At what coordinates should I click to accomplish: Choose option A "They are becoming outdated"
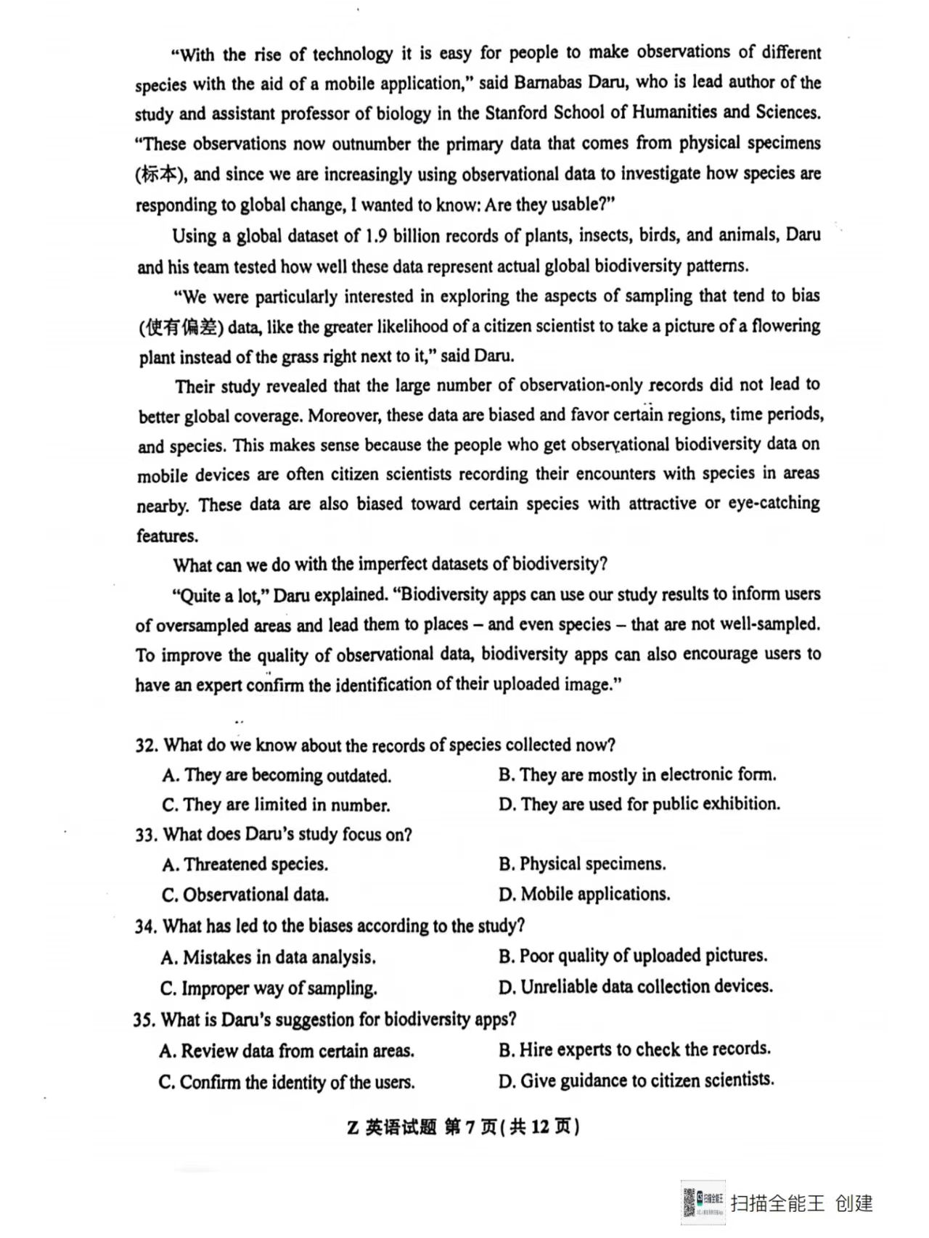(277, 776)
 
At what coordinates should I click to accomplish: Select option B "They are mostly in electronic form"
(637, 775)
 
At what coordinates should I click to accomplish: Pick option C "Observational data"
(245, 895)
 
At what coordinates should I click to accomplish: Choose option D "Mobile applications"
(584, 894)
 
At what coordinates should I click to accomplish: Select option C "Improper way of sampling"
(269, 988)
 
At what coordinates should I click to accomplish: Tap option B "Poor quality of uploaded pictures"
(633, 956)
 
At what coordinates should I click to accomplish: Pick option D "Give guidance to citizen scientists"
(637, 1081)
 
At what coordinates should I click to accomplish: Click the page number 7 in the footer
(470, 1127)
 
